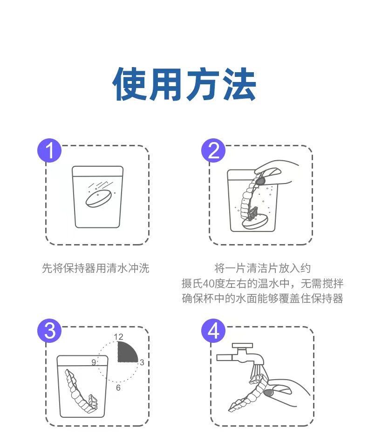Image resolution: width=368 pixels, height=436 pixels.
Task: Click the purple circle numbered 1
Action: (x=49, y=150)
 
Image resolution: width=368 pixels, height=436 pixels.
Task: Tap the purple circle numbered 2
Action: (x=213, y=150)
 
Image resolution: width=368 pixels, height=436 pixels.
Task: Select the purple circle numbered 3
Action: (x=49, y=331)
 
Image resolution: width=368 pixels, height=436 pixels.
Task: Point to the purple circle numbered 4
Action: (x=213, y=331)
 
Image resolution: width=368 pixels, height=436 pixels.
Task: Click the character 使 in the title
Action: (x=129, y=84)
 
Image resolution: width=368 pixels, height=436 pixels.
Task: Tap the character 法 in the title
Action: (x=239, y=84)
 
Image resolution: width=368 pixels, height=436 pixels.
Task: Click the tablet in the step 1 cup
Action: (x=99, y=198)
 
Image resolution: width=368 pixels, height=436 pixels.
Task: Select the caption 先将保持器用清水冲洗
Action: (x=95, y=268)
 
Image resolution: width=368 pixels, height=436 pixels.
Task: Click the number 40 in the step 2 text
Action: (x=209, y=284)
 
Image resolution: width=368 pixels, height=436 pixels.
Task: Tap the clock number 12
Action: (x=118, y=337)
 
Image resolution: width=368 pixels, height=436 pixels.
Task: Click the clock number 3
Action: (x=142, y=362)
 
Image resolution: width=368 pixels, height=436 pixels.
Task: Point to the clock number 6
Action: (x=118, y=388)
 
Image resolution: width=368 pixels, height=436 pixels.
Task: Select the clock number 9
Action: (x=94, y=362)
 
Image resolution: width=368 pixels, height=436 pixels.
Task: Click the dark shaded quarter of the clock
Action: (x=126, y=353)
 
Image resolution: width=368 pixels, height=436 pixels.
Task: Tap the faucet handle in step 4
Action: (x=243, y=346)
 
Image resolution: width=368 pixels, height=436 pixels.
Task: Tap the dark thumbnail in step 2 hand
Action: (x=261, y=181)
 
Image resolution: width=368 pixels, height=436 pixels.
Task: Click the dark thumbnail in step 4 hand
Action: (x=269, y=393)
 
